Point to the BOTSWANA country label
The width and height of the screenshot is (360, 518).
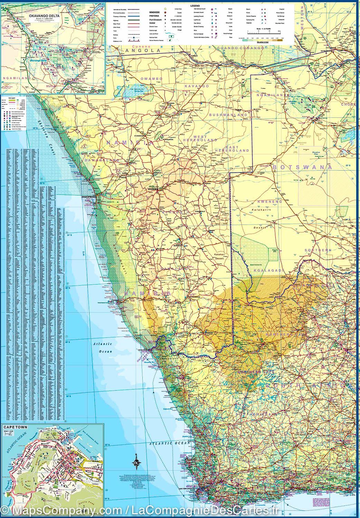click(302, 167)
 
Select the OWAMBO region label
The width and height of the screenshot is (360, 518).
click(151, 79)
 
